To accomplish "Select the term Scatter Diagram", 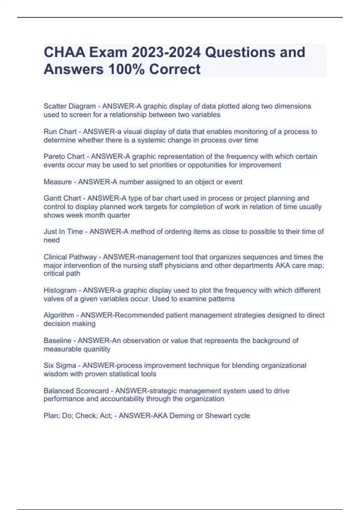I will (70, 106).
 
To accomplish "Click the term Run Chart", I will (60, 132).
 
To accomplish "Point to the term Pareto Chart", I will (64, 157).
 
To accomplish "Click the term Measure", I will (58, 182).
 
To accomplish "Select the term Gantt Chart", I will (62, 198).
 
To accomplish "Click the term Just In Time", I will (63, 232).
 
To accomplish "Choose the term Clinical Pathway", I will (70, 257).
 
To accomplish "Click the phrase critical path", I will (62, 274).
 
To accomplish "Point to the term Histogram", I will (60, 290).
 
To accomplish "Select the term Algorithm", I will (59, 315).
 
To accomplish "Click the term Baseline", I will (57, 341).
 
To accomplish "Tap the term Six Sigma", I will (60, 366).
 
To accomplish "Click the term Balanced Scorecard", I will (76, 391).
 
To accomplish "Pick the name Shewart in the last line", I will (216, 416).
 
